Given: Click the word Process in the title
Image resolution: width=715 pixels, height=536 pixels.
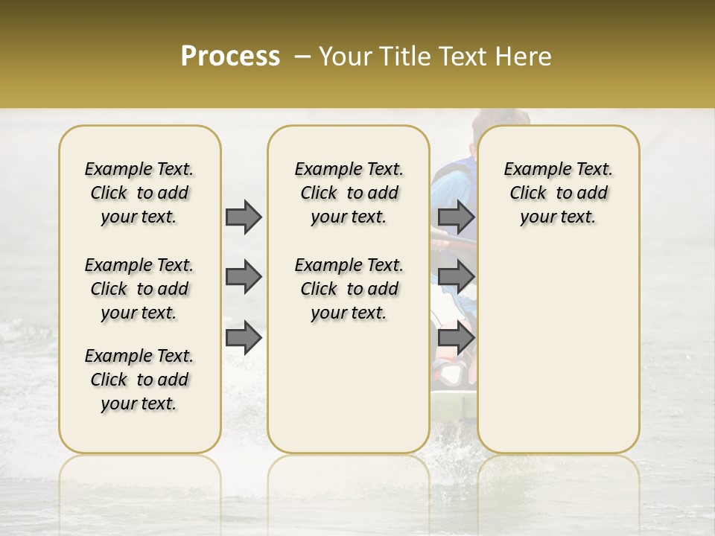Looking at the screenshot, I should click(x=230, y=57).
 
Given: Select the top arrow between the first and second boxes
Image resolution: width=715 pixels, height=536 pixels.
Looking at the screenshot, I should click(x=244, y=217).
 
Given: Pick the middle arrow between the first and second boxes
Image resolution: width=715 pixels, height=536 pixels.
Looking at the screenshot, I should click(x=244, y=277).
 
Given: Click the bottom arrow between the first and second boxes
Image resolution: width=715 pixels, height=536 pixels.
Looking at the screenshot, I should click(x=244, y=338).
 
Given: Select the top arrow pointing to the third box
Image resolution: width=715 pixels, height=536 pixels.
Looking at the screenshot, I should click(x=456, y=217).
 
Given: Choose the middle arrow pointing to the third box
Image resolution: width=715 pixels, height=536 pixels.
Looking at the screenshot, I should click(x=456, y=277).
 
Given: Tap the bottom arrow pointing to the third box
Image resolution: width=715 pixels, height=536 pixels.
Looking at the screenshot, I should click(x=456, y=338).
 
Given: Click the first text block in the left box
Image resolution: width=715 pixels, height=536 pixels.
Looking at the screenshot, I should click(x=139, y=193).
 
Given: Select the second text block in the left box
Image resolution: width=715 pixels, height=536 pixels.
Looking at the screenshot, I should click(x=139, y=289).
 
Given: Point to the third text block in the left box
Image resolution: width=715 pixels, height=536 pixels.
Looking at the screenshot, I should click(x=139, y=380).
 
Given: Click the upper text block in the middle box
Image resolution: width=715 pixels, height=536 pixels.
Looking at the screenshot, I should click(x=349, y=193).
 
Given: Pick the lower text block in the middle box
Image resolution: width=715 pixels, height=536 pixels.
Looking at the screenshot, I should click(x=349, y=289).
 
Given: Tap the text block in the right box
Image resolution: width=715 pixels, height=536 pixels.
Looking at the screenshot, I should click(x=558, y=193).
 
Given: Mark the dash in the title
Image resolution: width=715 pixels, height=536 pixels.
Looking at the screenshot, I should click(x=302, y=57).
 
